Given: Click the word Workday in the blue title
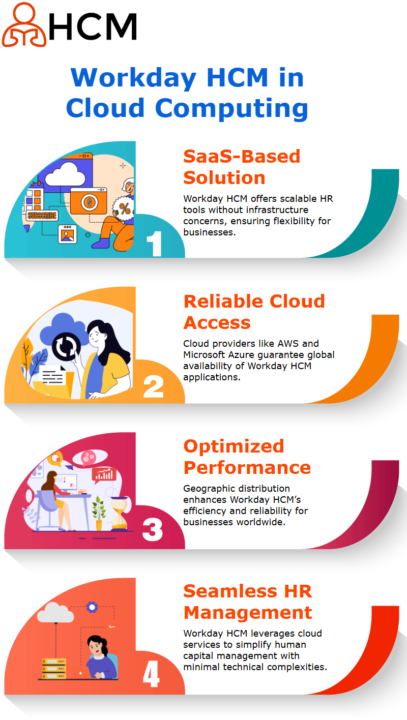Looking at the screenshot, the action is [x=133, y=78].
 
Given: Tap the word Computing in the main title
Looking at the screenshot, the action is [x=231, y=109].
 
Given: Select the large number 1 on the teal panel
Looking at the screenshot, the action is [x=154, y=244].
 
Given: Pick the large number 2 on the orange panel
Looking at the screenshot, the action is [x=154, y=386].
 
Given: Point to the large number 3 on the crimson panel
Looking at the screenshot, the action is [x=153, y=530].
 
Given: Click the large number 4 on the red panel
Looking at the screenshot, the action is [x=151, y=674].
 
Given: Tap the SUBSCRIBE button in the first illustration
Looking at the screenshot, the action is [x=42, y=216].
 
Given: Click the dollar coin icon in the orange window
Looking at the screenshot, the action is [x=90, y=202].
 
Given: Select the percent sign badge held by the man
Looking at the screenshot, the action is [x=124, y=208].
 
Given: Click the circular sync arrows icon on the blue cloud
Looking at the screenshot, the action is [x=66, y=347].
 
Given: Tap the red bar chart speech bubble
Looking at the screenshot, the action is [x=104, y=475].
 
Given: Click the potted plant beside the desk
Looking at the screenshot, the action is [x=99, y=513].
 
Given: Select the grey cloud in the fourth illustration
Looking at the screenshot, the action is [x=55, y=612].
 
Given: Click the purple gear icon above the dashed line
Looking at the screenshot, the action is [x=92, y=607].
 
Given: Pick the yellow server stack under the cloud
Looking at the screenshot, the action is [x=54, y=669].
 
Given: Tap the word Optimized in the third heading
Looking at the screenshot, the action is [x=234, y=447].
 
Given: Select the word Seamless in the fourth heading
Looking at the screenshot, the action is [x=230, y=591].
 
